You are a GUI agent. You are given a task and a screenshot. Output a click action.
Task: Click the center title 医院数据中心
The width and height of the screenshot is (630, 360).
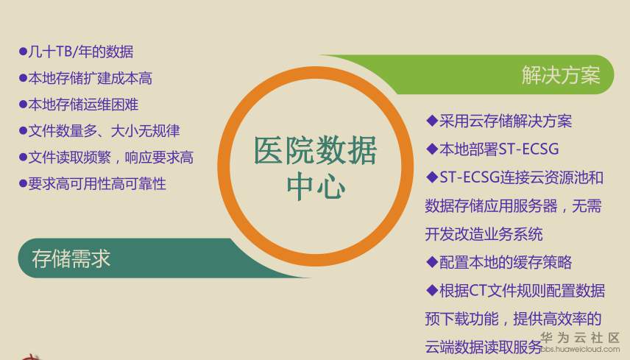coord(315,168)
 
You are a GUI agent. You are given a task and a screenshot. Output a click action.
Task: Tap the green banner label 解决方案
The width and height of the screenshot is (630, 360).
coord(561,75)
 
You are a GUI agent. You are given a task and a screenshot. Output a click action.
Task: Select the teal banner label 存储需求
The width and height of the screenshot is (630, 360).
coord(71,258)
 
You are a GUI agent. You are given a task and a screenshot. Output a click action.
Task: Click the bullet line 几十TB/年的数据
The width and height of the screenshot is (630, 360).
coord(80,52)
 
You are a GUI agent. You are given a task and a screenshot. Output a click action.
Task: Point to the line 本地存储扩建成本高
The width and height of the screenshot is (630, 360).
coord(90,78)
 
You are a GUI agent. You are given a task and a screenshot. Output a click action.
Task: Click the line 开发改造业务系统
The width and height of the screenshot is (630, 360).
coord(484,234)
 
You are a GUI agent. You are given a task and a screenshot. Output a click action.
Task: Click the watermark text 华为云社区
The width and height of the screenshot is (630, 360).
coord(581,337)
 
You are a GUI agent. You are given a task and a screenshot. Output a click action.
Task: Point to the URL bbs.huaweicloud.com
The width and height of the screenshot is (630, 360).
coord(581,350)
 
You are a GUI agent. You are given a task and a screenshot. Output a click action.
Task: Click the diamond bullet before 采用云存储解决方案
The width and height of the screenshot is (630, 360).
coord(432,121)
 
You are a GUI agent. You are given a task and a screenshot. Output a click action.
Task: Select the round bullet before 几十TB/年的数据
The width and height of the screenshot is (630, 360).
coord(23,52)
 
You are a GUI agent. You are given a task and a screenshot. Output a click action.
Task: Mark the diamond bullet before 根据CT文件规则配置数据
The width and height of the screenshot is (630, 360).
coord(432,290)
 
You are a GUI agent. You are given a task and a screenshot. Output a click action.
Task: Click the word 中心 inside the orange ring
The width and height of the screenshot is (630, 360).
coord(315,187)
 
